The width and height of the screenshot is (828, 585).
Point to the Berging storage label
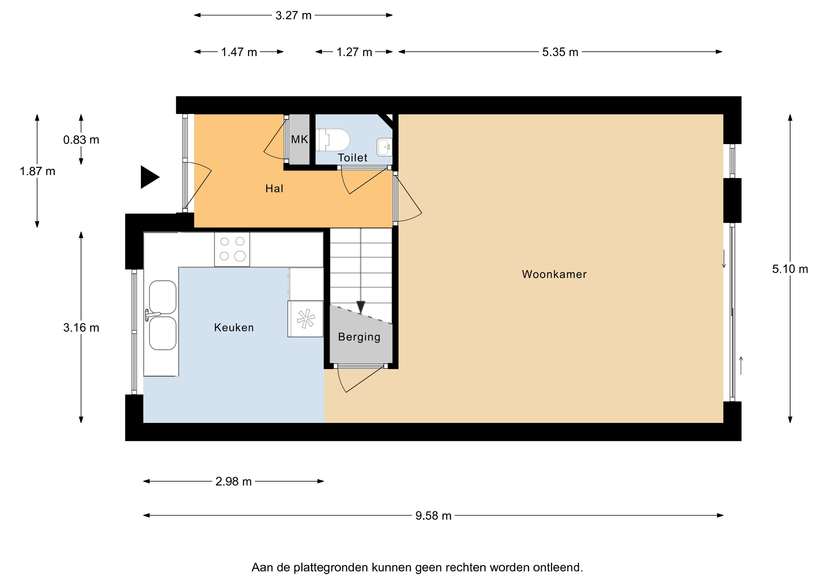359,337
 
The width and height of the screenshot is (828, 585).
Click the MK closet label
300,139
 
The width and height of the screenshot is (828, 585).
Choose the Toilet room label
353,158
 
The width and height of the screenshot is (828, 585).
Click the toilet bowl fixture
333,140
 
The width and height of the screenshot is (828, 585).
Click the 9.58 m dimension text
433,516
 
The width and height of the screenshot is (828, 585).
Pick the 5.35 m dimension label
560,52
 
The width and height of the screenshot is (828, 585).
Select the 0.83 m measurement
81,140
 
